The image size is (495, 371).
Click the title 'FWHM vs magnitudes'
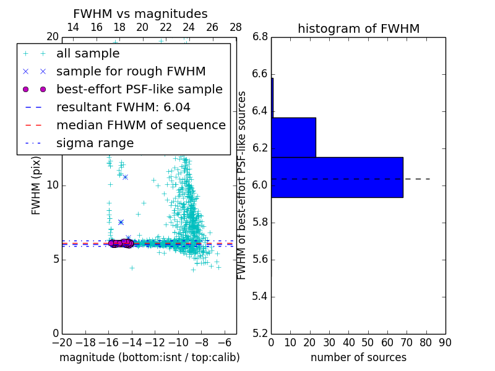pos(140,14)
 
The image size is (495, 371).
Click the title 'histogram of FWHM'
pos(358,28)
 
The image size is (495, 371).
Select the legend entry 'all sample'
pos(88,54)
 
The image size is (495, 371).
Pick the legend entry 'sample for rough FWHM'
pos(131,71)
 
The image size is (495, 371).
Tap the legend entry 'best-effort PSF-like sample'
pos(139,89)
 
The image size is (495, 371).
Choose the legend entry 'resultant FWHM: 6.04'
pos(123,107)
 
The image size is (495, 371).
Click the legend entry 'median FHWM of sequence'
pos(140,125)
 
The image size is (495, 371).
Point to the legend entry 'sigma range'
pos(95,143)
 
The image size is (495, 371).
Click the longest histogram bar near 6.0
pos(337,177)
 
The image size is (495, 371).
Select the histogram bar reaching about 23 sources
pos(293,137)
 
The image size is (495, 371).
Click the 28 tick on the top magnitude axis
pos(236,27)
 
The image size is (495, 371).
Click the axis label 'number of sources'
pos(358,357)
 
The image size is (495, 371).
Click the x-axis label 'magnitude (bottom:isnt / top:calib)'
pos(149,357)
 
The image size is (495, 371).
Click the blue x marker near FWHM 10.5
pos(125,177)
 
